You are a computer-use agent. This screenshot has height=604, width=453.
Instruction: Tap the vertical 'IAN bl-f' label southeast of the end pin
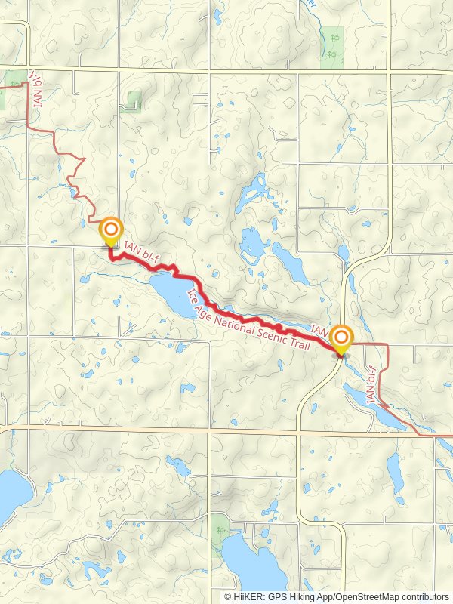click(371, 385)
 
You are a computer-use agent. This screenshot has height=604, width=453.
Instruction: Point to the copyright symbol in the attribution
click(228, 597)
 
